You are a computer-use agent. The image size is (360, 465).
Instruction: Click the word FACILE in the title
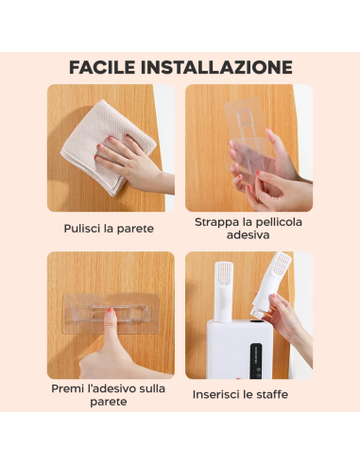(105, 68)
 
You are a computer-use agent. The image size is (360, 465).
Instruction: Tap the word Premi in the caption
(70, 388)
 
